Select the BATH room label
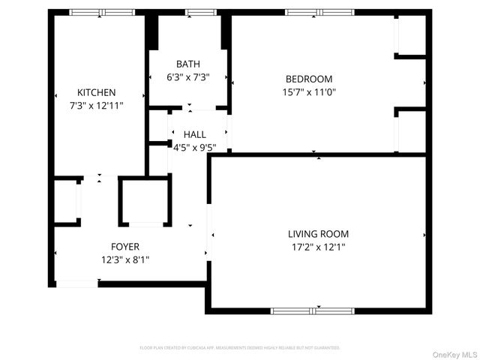(188, 64)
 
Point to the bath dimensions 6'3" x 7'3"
(187, 76)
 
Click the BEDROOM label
(308, 79)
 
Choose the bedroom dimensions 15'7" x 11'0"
(309, 92)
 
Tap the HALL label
(194, 134)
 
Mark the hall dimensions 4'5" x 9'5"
(192, 147)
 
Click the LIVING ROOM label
(318, 234)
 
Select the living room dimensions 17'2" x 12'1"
(318, 247)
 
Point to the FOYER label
(125, 247)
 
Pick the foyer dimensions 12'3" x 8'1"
(125, 259)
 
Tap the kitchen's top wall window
(102, 12)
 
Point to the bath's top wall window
(199, 12)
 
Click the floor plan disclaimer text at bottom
(240, 348)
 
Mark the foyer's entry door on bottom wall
(77, 283)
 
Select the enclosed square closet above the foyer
(145, 201)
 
